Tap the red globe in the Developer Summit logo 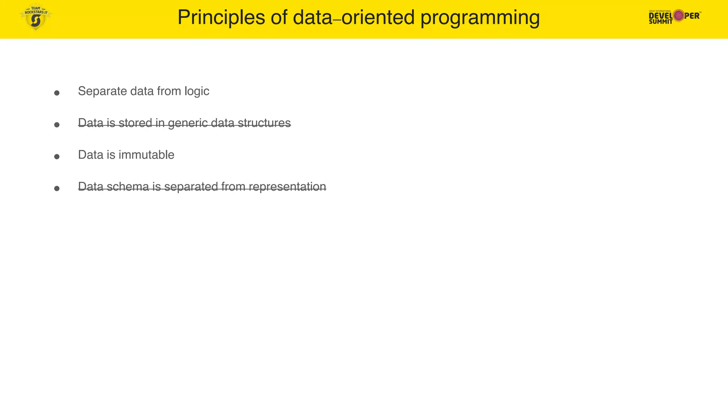tap(679, 16)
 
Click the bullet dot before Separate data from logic tap(57, 93)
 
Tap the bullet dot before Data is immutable tap(57, 157)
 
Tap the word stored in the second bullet tap(135, 123)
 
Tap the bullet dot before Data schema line tap(57, 188)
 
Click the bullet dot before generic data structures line tap(57, 125)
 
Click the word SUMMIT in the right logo tap(660, 22)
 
